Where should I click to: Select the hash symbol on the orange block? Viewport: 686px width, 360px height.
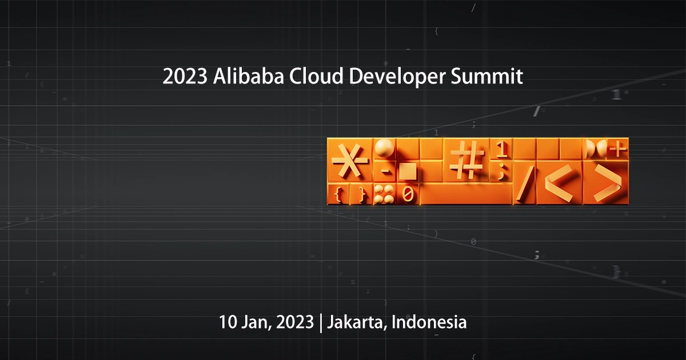pos(466,159)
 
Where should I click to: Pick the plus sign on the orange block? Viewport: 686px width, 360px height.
pos(617,150)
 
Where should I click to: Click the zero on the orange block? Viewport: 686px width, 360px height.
pos(408,194)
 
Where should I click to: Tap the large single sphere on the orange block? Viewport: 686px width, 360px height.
pos(385,148)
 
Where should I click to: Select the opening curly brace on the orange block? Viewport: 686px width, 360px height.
pos(338,194)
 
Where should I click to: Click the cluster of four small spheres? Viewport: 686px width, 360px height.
pos(384,194)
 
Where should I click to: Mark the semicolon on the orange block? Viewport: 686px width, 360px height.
pos(501,171)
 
